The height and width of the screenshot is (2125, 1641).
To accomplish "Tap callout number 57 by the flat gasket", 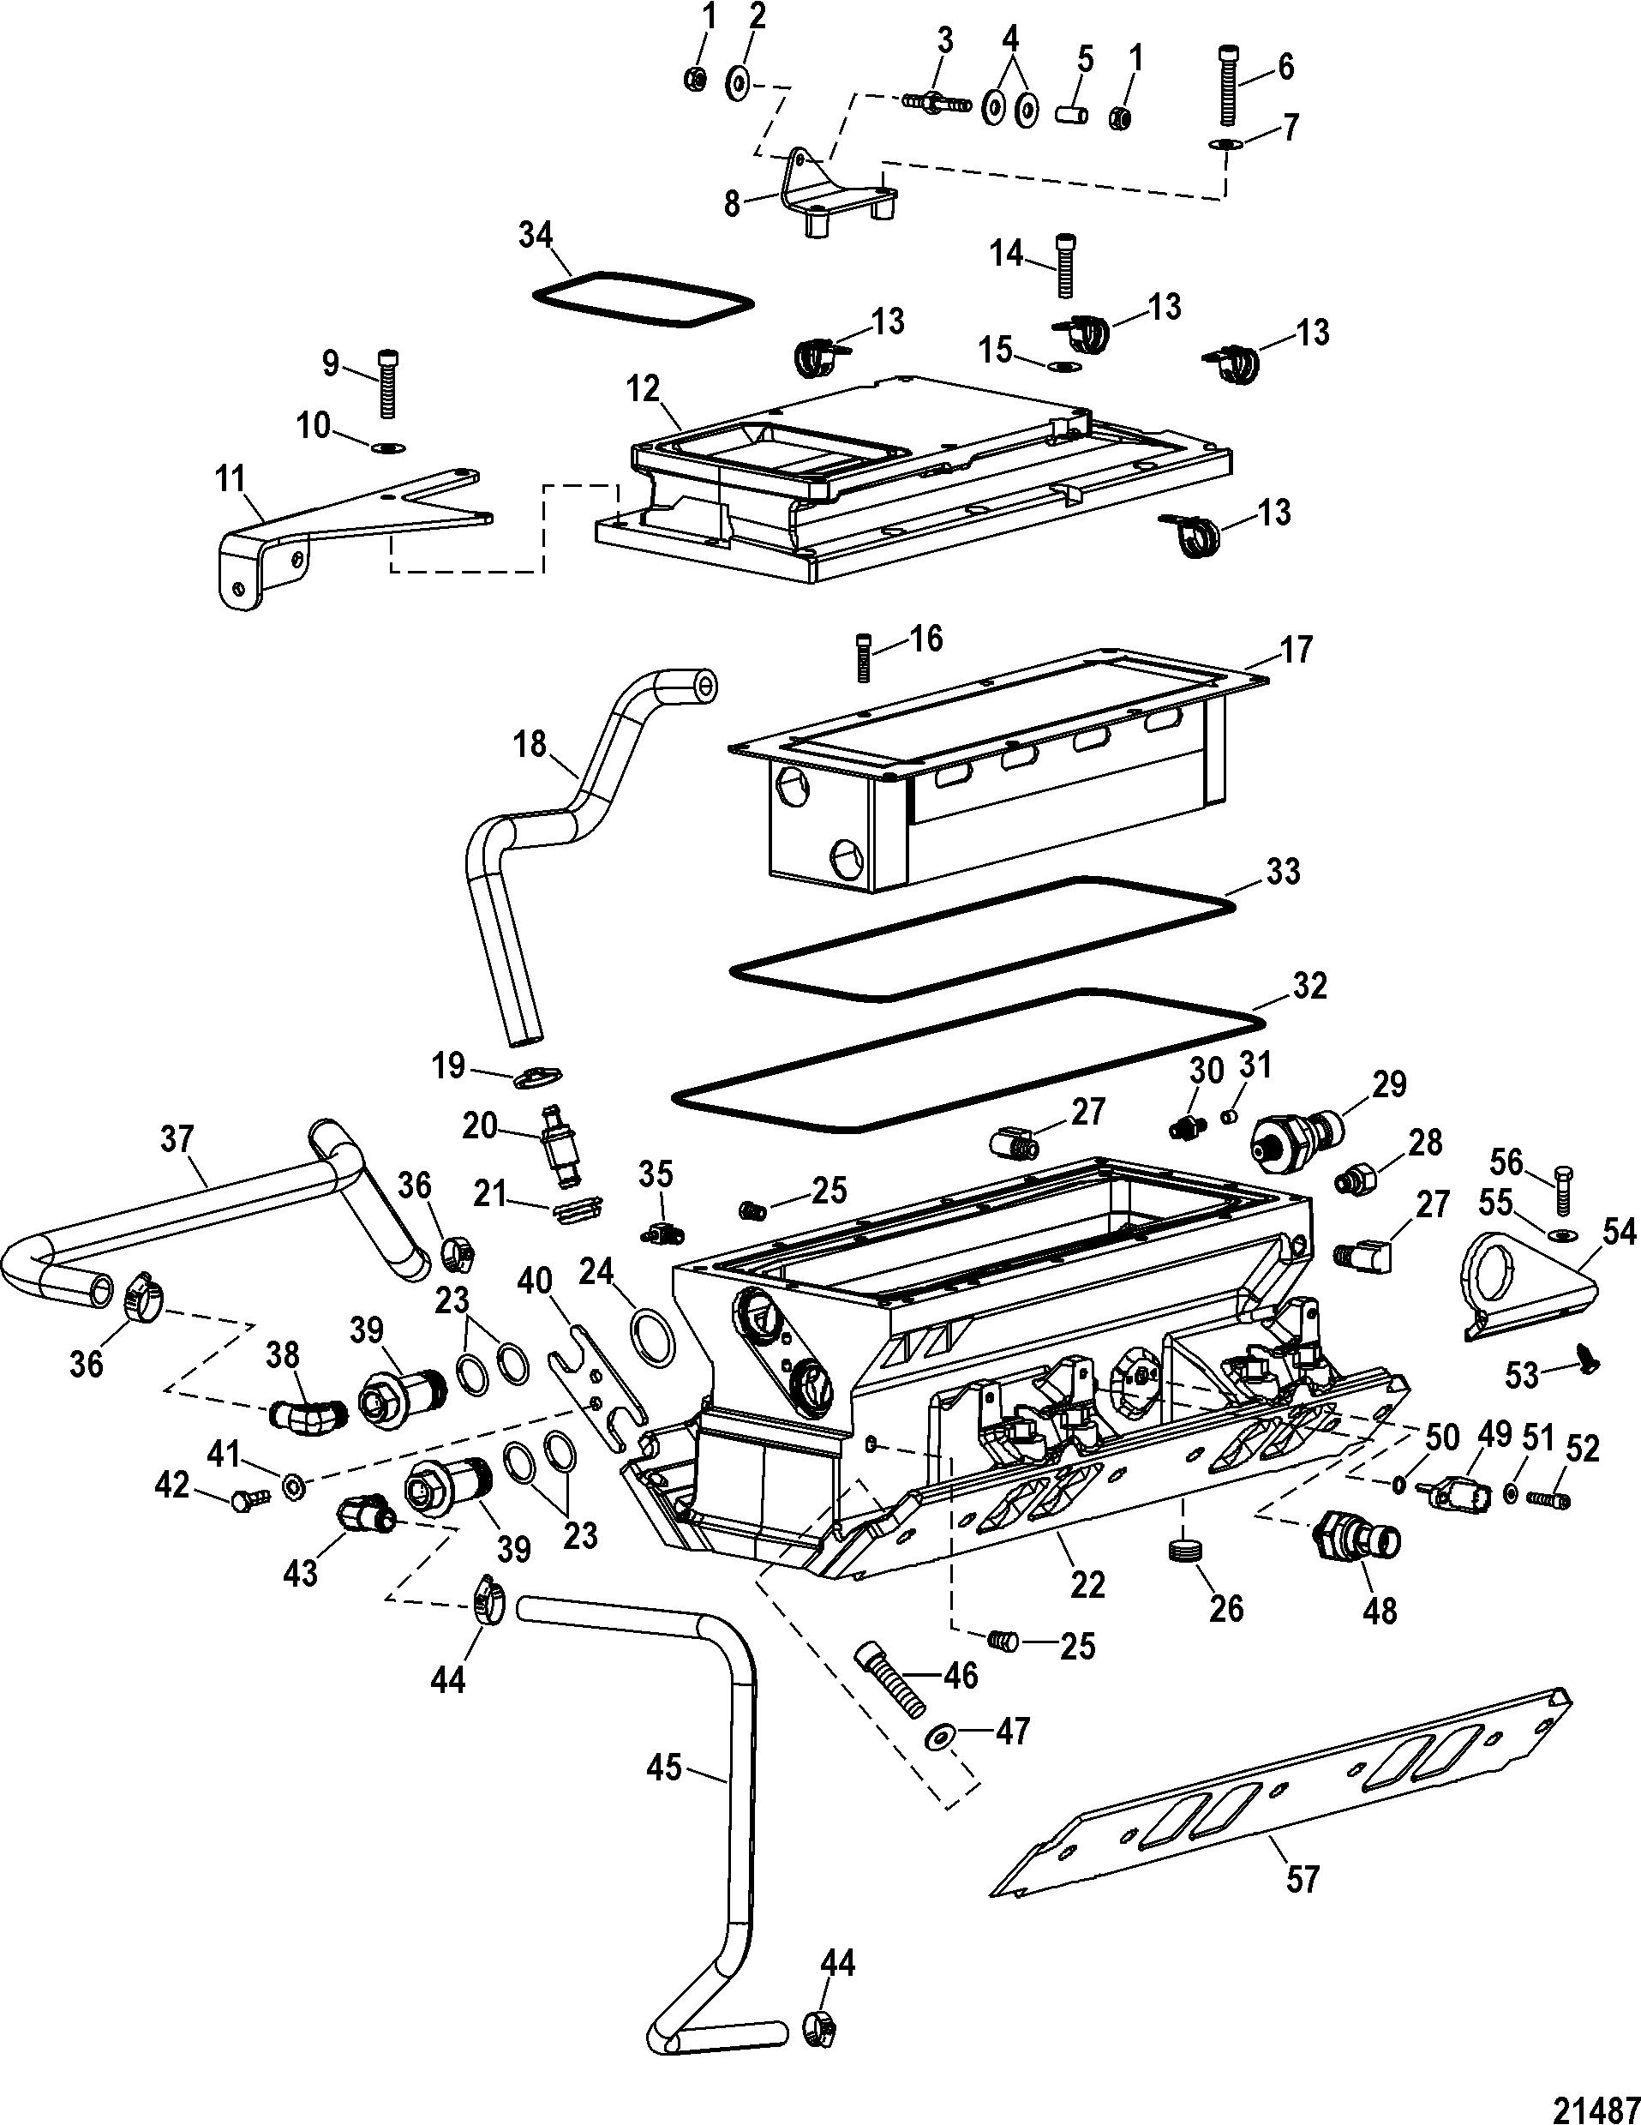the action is (1303, 1880).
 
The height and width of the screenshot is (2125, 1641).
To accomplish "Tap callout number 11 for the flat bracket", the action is (231, 478).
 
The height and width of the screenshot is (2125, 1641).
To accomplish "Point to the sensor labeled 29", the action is (1297, 1132).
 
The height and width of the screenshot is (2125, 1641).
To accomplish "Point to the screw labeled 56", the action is (1563, 1189).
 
